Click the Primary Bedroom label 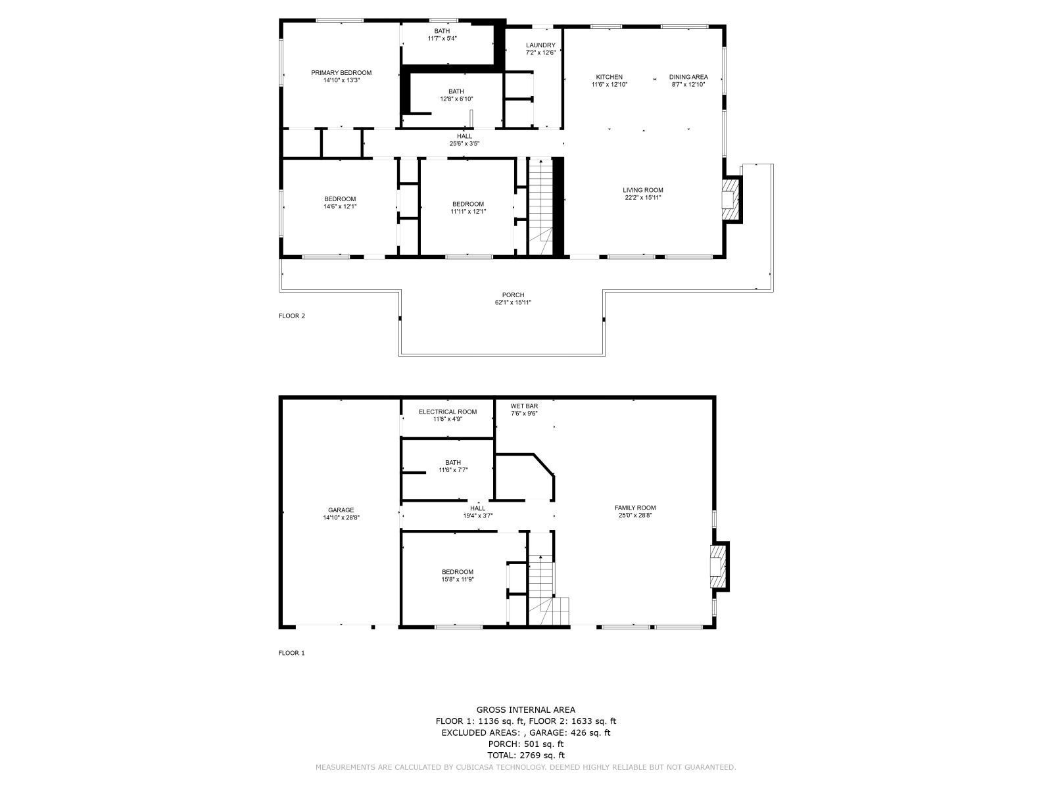(x=341, y=73)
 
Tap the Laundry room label (x=540, y=45)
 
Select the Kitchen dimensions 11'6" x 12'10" (x=610, y=84)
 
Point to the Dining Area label (x=688, y=77)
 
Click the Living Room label (x=643, y=190)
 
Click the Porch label (x=513, y=295)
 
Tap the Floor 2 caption (x=292, y=316)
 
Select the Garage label (x=341, y=510)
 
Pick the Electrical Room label (x=448, y=412)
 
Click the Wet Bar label (x=524, y=406)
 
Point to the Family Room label (x=635, y=508)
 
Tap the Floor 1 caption (x=292, y=653)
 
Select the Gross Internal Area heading (x=525, y=709)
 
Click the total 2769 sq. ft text (x=525, y=755)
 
